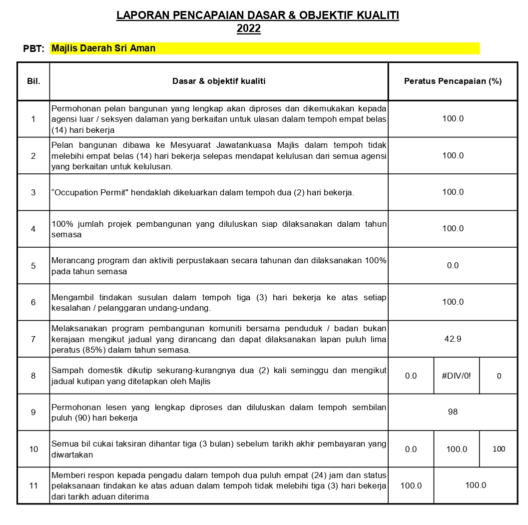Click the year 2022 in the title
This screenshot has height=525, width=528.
(248, 29)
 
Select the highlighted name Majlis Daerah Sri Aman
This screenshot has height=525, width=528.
(103, 48)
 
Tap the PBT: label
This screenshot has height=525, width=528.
(34, 49)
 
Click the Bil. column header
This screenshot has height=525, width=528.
(33, 81)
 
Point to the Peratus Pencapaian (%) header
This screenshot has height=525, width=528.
(453, 81)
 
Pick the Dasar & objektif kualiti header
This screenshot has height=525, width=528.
(219, 81)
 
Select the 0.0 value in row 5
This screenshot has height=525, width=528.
(453, 265)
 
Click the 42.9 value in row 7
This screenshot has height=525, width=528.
(453, 339)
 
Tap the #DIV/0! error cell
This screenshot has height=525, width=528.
(456, 376)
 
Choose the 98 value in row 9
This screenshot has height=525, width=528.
(453, 412)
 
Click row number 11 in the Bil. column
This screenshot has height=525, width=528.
(33, 485)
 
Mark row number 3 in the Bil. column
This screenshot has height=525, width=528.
(33, 192)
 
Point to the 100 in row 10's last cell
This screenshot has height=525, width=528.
(499, 449)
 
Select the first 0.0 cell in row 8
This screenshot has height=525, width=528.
(411, 376)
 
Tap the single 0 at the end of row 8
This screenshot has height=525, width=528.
(499, 376)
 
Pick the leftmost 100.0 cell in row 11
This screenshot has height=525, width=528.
(411, 485)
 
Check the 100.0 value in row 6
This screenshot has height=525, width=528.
(453, 302)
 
